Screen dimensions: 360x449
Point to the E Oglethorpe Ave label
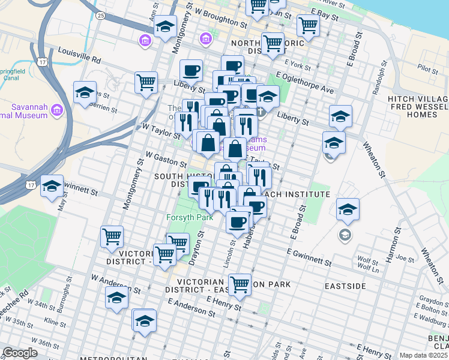(x=304, y=85)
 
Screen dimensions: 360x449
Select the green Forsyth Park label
(x=190, y=217)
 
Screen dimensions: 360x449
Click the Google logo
(x=21, y=353)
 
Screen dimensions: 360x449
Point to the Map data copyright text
(x=424, y=355)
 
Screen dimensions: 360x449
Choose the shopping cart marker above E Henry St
(x=240, y=284)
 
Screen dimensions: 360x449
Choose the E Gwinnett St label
(x=309, y=259)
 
